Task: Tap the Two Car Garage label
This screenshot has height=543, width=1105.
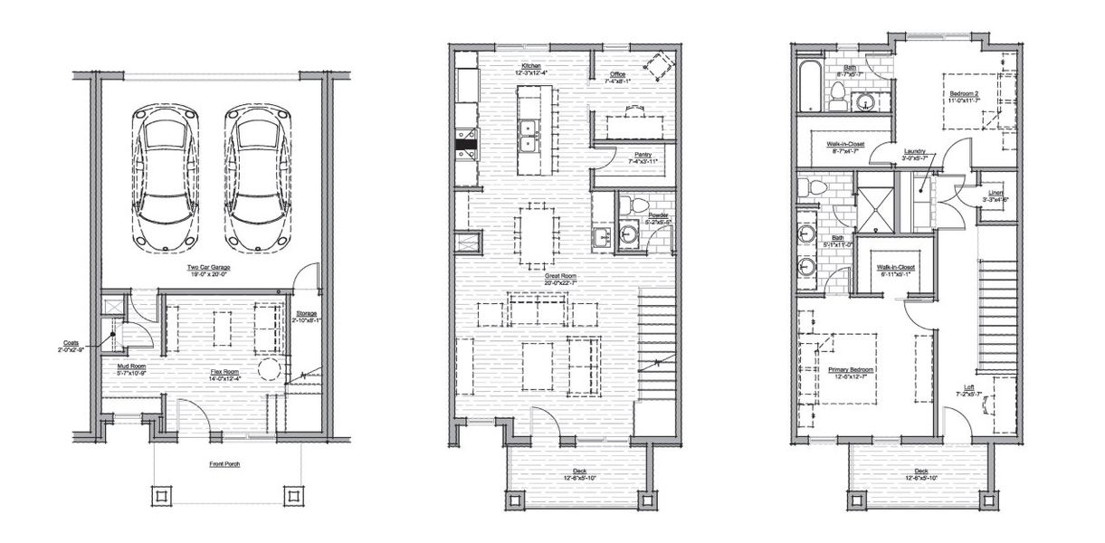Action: pyautogui.click(x=211, y=269)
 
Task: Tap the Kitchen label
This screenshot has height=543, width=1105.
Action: pyautogui.click(x=529, y=67)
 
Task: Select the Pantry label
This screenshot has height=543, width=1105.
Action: pyautogui.click(x=643, y=155)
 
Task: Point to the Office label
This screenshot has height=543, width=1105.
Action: pyautogui.click(x=618, y=75)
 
